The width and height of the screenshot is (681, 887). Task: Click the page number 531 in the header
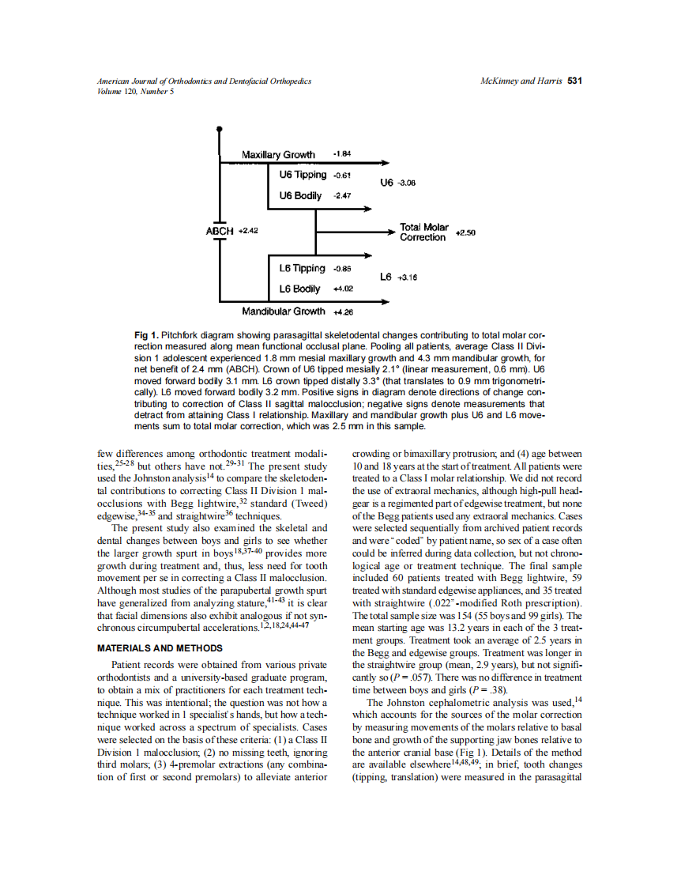[x=575, y=81]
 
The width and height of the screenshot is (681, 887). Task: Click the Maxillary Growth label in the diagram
[x=278, y=155]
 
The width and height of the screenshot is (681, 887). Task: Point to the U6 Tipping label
[x=303, y=175]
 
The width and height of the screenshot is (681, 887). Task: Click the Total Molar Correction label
[x=423, y=232]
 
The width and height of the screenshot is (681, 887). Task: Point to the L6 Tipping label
[x=303, y=268]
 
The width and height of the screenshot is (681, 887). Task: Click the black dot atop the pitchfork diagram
[x=220, y=128]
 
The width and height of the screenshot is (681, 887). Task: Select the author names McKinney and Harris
[x=521, y=81]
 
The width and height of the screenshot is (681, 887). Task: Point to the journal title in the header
[x=204, y=81]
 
